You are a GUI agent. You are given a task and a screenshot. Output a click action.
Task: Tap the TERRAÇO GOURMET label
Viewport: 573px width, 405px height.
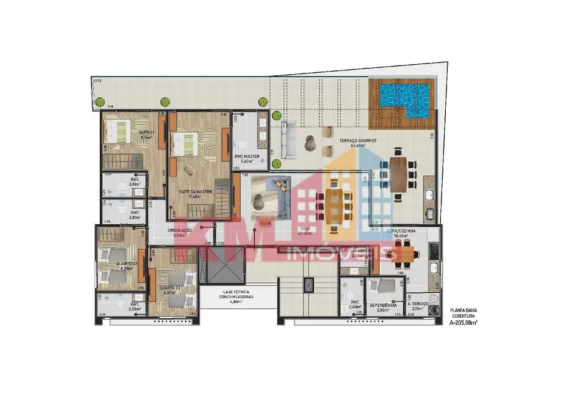click(x=358, y=141)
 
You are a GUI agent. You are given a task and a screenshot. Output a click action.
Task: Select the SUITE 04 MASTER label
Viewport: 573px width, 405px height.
click(x=195, y=191)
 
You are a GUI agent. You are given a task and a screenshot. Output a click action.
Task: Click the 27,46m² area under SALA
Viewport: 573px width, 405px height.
click(x=305, y=234)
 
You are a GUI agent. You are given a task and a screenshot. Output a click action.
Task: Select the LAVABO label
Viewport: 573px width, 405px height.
click(x=361, y=251)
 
